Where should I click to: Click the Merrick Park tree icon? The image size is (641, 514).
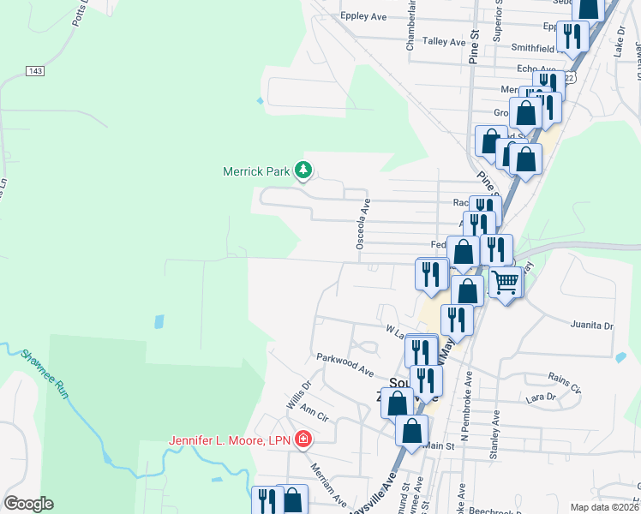pos(303,171)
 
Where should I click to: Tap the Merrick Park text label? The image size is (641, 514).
pos(256,171)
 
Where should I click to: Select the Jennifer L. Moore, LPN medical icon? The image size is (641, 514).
pos(303,440)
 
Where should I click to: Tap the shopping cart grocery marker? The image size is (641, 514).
pos(506,281)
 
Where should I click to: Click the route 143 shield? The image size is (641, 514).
pos(35,70)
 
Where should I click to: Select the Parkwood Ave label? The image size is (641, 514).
pos(344,364)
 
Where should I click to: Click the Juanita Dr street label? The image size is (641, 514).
pos(591,326)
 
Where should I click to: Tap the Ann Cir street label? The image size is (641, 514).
pos(315,414)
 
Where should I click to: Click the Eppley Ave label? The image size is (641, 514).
pos(364,15)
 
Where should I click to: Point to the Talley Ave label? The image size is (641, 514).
pos(444,40)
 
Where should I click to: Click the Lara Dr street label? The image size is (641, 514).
pos(542,397)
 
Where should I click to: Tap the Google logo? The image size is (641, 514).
pos(28,504)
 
